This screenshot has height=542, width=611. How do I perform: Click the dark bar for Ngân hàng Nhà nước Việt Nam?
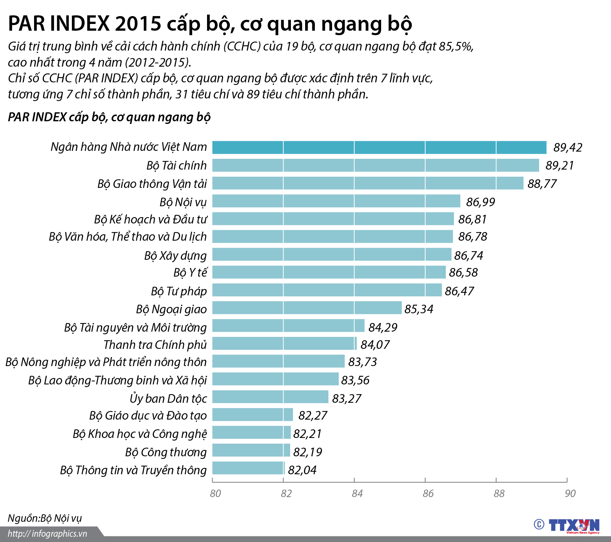click(379, 147)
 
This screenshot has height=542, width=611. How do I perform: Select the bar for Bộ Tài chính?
click(376, 165)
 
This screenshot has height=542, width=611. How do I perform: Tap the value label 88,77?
click(542, 184)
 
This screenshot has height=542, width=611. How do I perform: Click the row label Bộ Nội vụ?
click(183, 202)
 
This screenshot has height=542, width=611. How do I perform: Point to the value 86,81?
click(472, 219)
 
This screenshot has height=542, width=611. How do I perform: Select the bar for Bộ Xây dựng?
click(332, 255)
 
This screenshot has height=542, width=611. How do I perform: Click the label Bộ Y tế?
click(190, 272)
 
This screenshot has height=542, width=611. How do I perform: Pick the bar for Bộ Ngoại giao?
click(307, 308)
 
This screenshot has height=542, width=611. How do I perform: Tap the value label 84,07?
click(375, 344)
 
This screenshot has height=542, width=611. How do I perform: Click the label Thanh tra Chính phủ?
click(155, 344)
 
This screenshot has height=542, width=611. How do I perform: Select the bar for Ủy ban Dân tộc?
click(270, 397)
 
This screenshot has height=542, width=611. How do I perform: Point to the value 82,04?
click(302, 470)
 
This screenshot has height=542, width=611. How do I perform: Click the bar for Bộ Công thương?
click(251, 450)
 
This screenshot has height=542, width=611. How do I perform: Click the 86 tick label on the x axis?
click(428, 493)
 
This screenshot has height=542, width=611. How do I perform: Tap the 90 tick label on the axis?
click(570, 493)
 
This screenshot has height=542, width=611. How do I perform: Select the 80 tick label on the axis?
click(215, 493)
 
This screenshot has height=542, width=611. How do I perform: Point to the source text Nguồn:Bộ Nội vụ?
click(45, 518)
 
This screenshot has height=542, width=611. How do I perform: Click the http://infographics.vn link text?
click(47, 534)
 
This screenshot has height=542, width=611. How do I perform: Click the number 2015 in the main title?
click(138, 24)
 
